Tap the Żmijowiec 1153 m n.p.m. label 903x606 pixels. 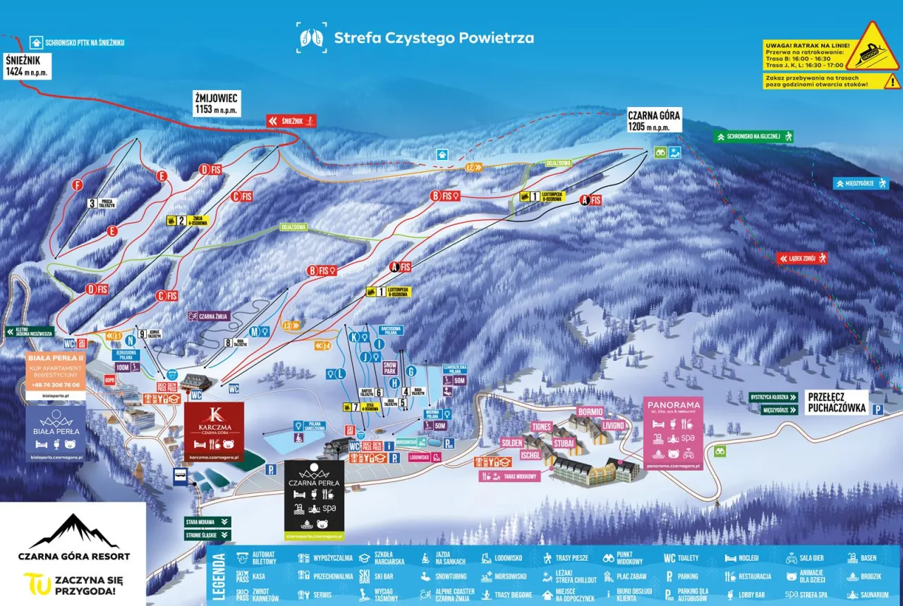click(217, 103)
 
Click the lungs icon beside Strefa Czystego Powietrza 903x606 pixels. click(311, 38)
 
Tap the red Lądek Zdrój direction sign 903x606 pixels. click(802, 259)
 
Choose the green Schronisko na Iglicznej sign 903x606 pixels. click(754, 137)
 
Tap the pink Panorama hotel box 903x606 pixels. click(672, 433)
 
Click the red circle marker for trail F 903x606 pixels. click(78, 185)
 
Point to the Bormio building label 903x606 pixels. click(590, 412)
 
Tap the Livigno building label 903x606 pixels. click(613, 425)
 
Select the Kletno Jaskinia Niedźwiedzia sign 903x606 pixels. click(30, 331)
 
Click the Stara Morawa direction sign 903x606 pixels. click(207, 522)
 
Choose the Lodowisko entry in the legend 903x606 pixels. click(502, 558)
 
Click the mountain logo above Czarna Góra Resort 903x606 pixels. click(74, 531)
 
